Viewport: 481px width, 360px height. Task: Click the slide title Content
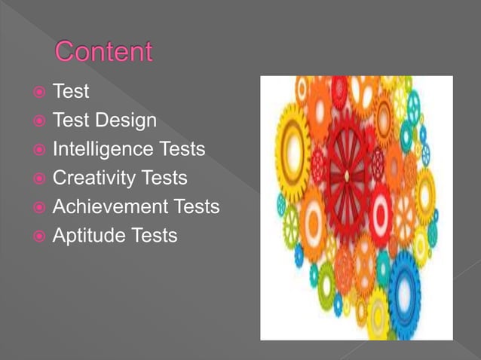[x=103, y=53]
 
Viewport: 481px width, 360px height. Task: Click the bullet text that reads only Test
[x=71, y=92]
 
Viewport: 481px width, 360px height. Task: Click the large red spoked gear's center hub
[x=347, y=175]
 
